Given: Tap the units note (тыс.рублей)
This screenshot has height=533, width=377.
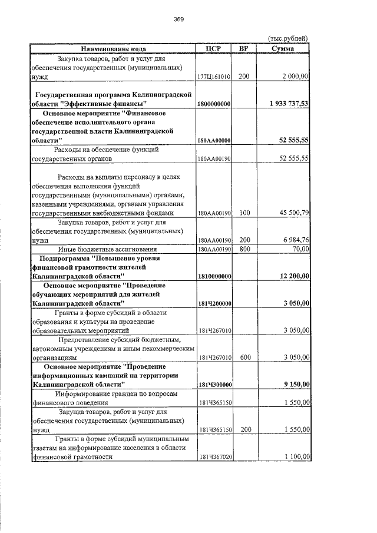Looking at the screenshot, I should click(x=287, y=38).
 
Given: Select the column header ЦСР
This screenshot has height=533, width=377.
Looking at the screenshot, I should click(x=214, y=48).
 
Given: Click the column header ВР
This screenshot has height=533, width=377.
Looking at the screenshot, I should click(x=244, y=48).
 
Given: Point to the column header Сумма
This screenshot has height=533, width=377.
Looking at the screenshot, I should click(x=286, y=48).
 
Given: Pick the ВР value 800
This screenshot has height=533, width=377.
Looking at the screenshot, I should click(x=244, y=249).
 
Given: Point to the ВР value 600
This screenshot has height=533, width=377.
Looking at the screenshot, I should click(x=244, y=357).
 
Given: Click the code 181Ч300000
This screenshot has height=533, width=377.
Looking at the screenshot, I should click(x=214, y=384).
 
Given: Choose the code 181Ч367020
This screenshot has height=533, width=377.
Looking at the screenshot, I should click(x=214, y=456).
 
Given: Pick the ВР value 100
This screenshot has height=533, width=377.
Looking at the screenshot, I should click(x=244, y=213).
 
